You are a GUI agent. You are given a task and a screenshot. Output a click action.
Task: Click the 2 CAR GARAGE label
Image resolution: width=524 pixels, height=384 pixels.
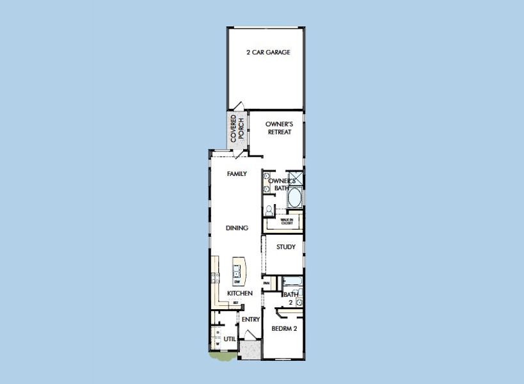pos(269,52)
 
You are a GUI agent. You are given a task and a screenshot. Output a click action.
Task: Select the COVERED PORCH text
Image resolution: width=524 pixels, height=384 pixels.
pos(237,129)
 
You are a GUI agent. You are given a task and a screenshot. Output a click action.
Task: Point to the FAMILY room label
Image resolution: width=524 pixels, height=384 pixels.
pos(237,173)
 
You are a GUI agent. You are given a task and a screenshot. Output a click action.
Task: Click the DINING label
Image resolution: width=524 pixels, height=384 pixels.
pos(237,228)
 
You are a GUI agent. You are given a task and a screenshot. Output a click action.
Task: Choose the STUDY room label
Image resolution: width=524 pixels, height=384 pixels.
pos(285,247)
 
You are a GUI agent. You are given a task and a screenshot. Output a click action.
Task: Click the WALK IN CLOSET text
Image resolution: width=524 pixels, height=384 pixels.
pos(287,221)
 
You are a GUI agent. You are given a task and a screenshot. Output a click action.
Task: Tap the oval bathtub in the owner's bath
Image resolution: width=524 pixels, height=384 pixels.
pos(296,198)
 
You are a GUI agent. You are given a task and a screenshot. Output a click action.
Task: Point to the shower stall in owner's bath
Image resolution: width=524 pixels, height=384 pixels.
pos(296,179)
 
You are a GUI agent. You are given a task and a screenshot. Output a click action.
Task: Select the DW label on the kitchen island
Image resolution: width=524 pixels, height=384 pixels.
pos(237,282)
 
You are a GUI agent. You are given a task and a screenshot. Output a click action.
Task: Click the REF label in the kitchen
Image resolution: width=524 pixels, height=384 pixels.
pos(235,303)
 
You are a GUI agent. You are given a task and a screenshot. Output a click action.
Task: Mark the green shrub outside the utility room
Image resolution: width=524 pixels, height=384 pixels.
pos(223,356)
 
